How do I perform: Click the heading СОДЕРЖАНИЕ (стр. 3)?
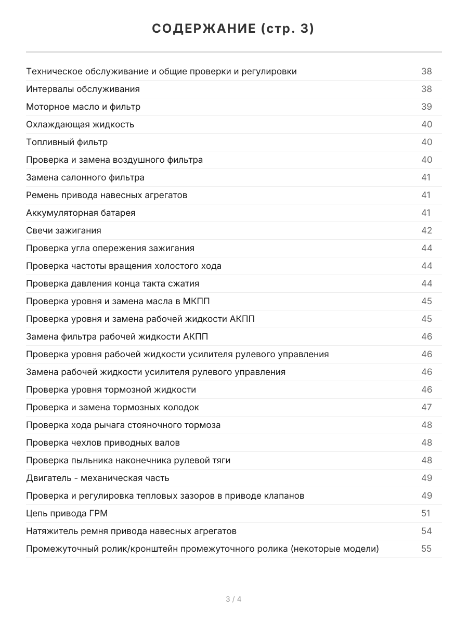point(233,29)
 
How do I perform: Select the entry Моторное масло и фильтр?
point(83,107)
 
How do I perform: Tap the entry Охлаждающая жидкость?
point(80,124)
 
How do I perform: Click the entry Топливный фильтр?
point(67,142)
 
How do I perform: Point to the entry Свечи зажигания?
point(63,230)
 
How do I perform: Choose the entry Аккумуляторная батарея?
point(81,213)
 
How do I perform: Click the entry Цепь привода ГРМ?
point(67,513)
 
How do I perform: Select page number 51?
point(426,513)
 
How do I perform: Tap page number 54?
point(426,531)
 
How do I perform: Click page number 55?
point(426,549)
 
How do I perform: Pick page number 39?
point(426,107)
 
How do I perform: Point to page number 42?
point(426,230)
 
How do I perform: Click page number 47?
point(426,407)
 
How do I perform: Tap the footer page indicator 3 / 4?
point(233,599)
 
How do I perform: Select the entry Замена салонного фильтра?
point(85,177)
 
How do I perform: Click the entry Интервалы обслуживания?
point(83,89)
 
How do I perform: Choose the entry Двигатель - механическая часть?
point(98,478)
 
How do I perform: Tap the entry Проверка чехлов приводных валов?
point(103,443)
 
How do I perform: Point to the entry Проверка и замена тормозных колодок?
point(112,407)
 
